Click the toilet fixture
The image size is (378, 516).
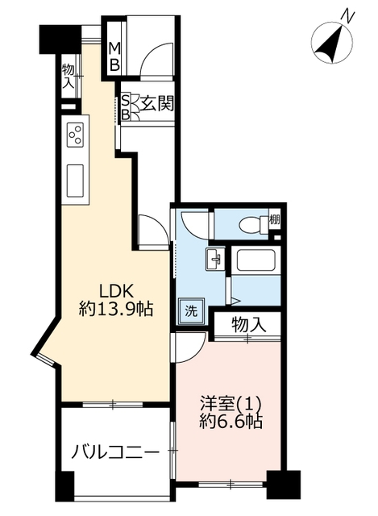[254, 224]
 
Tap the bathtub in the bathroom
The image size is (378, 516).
[256, 261]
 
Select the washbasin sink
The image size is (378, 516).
[215, 259]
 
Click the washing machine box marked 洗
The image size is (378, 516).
[191, 311]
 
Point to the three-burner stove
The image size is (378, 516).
[76, 135]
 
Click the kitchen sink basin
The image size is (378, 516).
[75, 180]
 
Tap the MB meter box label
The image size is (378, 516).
[114, 56]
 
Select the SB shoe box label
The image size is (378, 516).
[126, 106]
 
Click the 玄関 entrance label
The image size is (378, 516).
[157, 104]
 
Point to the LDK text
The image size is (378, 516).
[116, 292]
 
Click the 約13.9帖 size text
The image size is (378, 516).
[116, 309]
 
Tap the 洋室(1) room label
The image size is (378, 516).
[231, 404]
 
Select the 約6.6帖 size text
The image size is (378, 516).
[231, 421]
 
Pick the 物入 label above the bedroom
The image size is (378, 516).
[248, 325]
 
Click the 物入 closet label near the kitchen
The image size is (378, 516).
[68, 76]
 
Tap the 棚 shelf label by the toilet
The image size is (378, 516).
[275, 219]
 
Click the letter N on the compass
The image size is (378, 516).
[347, 15]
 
